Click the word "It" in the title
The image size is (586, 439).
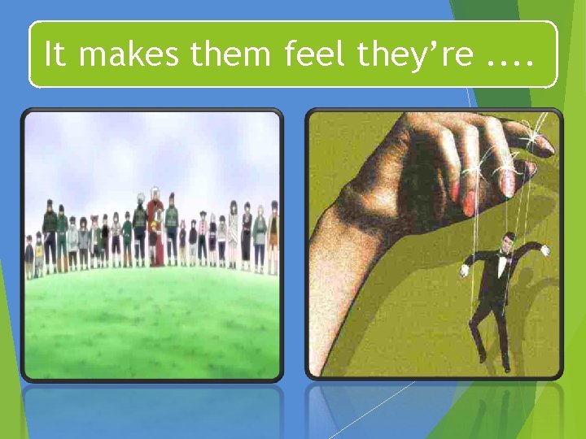[x=54, y=54]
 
